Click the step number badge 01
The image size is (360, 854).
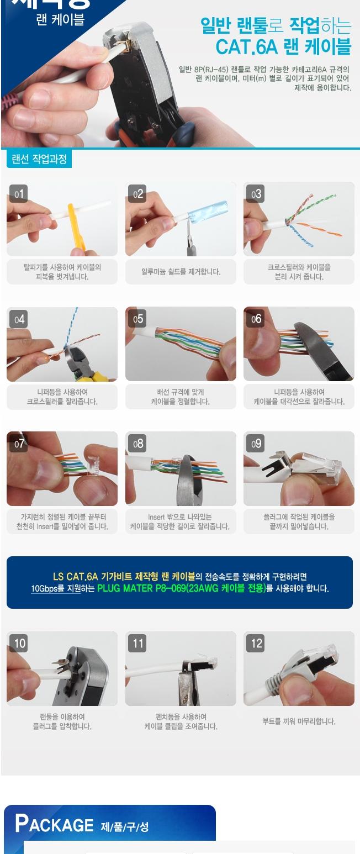(x=19, y=194)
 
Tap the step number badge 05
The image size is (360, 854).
(x=137, y=319)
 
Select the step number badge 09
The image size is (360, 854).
(x=256, y=444)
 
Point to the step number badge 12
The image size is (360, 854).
(x=256, y=644)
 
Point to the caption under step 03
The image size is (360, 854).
(x=299, y=272)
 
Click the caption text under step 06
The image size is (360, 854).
(x=299, y=397)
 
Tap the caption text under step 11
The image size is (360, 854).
(x=181, y=721)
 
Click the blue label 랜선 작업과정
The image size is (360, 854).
(x=39, y=159)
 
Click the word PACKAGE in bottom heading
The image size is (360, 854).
(x=54, y=824)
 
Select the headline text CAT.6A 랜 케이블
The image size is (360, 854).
(x=283, y=48)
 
